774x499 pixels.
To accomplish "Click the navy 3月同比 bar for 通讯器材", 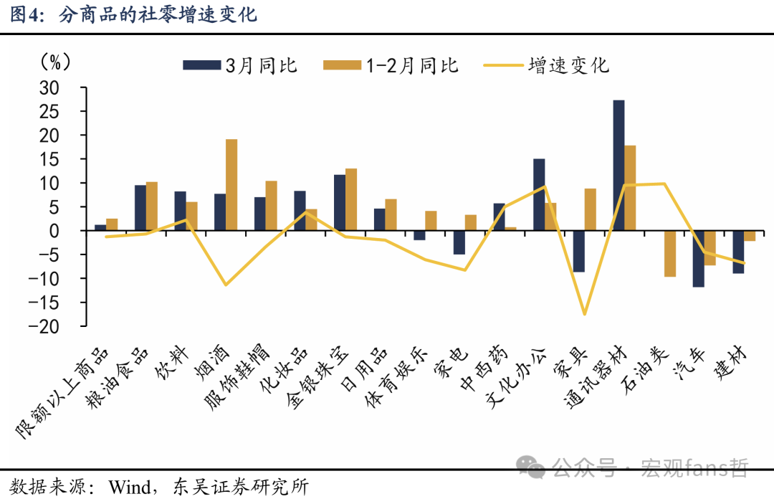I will point(618,166).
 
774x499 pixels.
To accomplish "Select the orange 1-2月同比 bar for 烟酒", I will point(231,185).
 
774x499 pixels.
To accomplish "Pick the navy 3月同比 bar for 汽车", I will point(698,259).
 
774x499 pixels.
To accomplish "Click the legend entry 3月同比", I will point(240,65).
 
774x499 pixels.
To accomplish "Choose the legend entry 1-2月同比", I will point(391,65).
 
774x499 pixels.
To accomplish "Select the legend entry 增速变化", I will point(548,65).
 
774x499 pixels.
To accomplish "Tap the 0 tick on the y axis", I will point(73,231).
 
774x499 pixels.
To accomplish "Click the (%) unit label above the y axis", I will point(55,62).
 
